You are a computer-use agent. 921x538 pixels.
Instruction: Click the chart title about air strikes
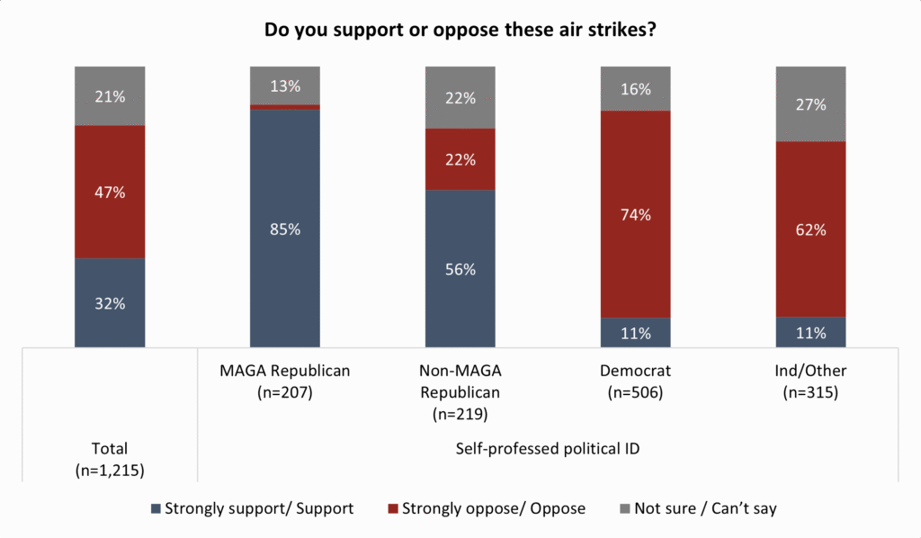(460, 30)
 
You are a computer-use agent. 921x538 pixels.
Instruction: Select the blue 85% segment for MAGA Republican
(285, 229)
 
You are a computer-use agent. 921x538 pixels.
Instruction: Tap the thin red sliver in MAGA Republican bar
(285, 107)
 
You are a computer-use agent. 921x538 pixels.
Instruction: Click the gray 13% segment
(285, 85)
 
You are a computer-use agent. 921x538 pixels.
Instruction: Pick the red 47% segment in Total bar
(110, 192)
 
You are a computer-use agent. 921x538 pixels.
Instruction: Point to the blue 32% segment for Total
(110, 302)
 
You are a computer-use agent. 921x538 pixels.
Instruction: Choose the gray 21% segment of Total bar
(110, 95)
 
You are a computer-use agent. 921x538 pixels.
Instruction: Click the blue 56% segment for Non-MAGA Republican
(460, 268)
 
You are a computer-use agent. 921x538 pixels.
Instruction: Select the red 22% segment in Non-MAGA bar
(460, 159)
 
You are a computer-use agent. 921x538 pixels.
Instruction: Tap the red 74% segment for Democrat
(635, 214)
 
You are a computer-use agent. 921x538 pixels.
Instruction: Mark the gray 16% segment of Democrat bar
(635, 89)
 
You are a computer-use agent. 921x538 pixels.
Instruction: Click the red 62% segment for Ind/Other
(810, 229)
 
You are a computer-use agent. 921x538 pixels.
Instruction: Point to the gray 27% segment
(810, 104)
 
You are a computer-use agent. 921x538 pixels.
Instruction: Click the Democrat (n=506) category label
(635, 381)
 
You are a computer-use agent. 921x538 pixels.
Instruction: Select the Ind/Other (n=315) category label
(810, 381)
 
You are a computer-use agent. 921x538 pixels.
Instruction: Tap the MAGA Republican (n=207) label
(285, 381)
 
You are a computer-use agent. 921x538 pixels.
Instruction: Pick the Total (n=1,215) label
(110, 460)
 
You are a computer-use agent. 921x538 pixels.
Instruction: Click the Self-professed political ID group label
(548, 449)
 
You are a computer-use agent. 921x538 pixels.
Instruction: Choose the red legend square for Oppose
(393, 508)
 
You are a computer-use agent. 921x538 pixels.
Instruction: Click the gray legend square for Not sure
(625, 508)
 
